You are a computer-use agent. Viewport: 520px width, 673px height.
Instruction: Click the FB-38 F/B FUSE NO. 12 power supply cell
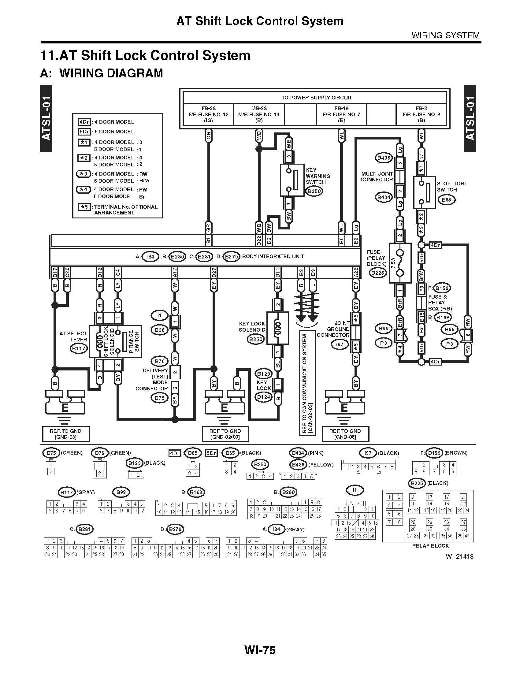click(x=209, y=114)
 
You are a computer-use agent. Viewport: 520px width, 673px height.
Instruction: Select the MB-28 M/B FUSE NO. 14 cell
click(x=259, y=114)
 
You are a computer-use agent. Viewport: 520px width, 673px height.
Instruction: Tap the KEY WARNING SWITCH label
click(x=318, y=176)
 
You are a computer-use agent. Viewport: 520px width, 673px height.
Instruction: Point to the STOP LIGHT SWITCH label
click(x=451, y=186)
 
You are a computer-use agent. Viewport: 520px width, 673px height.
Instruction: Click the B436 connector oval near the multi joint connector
click(x=384, y=158)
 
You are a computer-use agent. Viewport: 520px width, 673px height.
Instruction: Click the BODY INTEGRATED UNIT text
click(x=273, y=256)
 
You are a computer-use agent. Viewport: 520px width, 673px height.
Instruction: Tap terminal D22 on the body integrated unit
click(x=259, y=241)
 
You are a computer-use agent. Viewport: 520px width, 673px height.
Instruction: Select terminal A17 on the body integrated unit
click(x=174, y=272)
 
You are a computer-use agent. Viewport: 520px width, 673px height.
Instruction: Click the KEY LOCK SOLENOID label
click(x=252, y=327)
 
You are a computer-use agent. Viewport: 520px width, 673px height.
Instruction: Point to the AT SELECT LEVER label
click(x=73, y=336)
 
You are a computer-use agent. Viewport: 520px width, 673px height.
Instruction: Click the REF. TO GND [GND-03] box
click(x=66, y=434)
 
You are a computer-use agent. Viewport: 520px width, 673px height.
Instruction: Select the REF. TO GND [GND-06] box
click(x=345, y=434)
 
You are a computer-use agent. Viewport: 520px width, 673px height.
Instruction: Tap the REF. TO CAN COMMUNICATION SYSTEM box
click(x=307, y=383)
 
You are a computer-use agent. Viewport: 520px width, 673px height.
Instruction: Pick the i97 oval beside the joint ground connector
click(x=340, y=344)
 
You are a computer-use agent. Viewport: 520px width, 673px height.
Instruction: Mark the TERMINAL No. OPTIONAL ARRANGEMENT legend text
click(x=125, y=210)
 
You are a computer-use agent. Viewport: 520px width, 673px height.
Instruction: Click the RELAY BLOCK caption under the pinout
click(x=430, y=546)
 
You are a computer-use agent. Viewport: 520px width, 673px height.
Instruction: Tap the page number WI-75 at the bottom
click(x=260, y=650)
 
